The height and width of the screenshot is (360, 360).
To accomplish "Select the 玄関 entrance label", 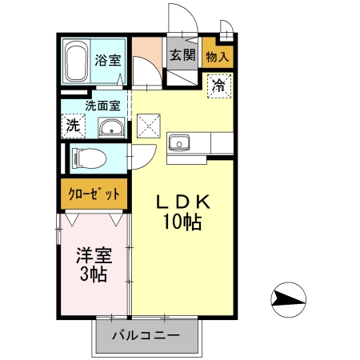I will tap(182, 55).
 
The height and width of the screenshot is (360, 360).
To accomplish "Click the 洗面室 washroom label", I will tap(103, 104).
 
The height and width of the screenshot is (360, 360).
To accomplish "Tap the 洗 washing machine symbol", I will tap(72, 125).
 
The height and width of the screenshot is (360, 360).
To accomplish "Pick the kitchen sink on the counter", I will tap(178, 144).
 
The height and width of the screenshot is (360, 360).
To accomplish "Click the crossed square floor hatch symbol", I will tap(149, 126).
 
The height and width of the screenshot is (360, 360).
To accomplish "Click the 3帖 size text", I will tap(94, 276).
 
